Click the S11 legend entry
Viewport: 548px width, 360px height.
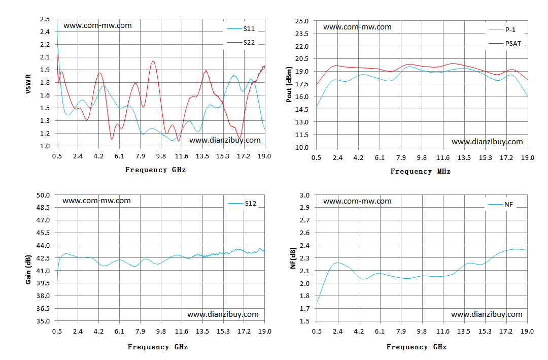241,28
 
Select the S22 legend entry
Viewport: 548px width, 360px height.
241,42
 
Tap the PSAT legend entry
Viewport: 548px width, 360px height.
505,43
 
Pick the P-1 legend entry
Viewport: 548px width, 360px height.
502,30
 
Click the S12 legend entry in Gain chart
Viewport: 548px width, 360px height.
242,203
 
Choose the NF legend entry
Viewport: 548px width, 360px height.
500,204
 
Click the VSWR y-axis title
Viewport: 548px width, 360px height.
28,84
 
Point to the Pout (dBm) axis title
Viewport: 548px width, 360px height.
289,84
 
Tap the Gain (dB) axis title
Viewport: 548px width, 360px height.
28,270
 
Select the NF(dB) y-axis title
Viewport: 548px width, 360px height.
293,258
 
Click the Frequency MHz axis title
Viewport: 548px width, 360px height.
421,172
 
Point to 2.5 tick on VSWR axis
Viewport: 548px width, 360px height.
45,19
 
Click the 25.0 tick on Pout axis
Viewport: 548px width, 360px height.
302,21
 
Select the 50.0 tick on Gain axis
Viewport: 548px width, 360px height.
43,195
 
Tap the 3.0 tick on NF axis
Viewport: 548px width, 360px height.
305,195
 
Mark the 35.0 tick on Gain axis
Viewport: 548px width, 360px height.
43,321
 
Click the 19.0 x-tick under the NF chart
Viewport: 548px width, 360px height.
527,332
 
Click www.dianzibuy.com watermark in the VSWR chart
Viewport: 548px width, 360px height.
225,140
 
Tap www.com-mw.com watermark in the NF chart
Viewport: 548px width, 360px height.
357,201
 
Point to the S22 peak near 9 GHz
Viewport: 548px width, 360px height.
153,61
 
